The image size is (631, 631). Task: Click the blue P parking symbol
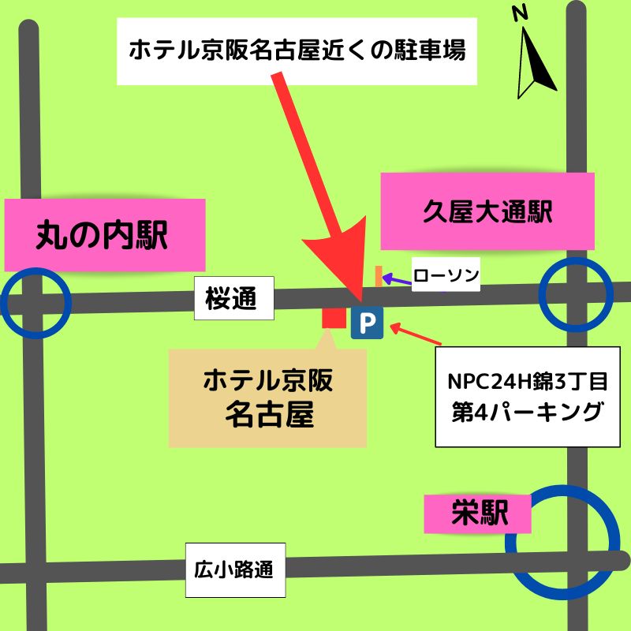tap(367, 322)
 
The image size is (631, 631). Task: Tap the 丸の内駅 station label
tap(103, 235)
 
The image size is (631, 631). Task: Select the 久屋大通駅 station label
tap(487, 212)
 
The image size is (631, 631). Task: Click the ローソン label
tap(446, 274)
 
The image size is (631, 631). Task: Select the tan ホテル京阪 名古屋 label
tap(268, 397)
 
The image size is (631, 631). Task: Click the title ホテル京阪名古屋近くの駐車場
tap(297, 51)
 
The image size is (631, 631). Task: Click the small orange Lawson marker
tap(379, 274)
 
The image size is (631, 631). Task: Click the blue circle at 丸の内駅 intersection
tap(35, 302)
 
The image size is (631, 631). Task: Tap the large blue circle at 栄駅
tap(563, 541)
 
